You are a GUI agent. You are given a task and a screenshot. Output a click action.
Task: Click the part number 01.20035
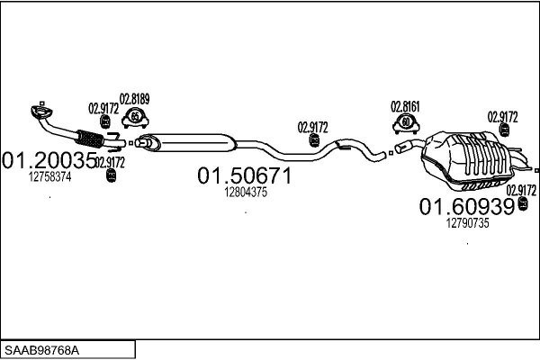coord(49,161)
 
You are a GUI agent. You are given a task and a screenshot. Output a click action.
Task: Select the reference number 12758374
coord(50,176)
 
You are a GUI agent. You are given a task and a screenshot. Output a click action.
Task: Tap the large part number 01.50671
coord(245,176)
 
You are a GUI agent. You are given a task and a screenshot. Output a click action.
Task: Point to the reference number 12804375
coord(245,192)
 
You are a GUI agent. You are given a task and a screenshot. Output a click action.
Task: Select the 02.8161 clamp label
coord(405,105)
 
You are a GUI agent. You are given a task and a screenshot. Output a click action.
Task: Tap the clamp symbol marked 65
coord(135,116)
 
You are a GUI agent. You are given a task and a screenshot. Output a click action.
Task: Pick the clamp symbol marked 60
coord(406,121)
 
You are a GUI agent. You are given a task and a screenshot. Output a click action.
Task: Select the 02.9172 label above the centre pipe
coord(313,127)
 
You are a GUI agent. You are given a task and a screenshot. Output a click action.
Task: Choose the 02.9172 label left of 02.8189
coord(103,109)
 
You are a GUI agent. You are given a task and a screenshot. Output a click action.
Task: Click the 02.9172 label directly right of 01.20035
coord(110,162)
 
